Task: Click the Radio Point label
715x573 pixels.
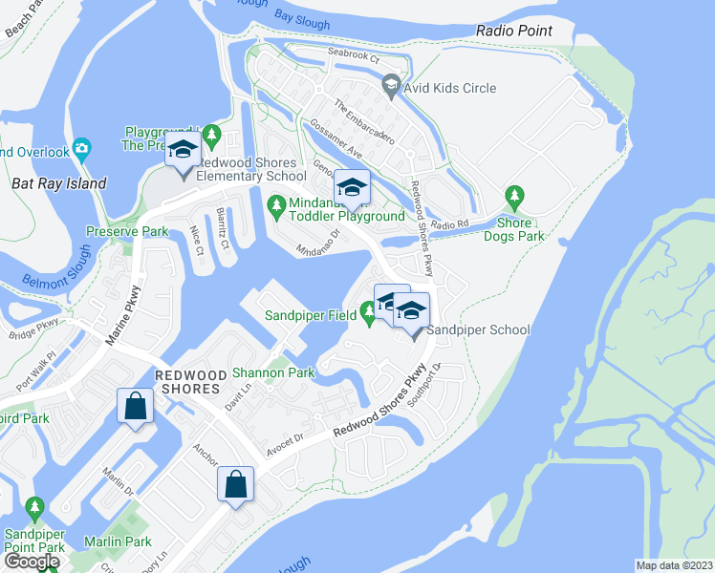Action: pos(514,31)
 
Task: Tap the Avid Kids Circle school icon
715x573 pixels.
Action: pos(391,88)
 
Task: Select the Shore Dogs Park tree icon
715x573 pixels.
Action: pos(515,198)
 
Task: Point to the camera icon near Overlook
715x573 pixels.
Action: pos(83,150)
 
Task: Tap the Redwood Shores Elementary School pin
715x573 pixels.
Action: pos(182,151)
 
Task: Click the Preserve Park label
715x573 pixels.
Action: pos(126,231)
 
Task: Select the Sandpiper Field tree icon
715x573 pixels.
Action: pos(368,310)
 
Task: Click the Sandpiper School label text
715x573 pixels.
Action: pos(478,329)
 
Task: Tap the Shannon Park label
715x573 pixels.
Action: pos(274,372)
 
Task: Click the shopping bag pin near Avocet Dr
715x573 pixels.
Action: pos(235,484)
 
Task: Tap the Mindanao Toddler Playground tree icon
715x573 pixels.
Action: pos(276,203)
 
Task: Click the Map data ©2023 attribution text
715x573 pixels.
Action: pos(675,565)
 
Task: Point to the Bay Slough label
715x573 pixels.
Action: pos(302,22)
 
